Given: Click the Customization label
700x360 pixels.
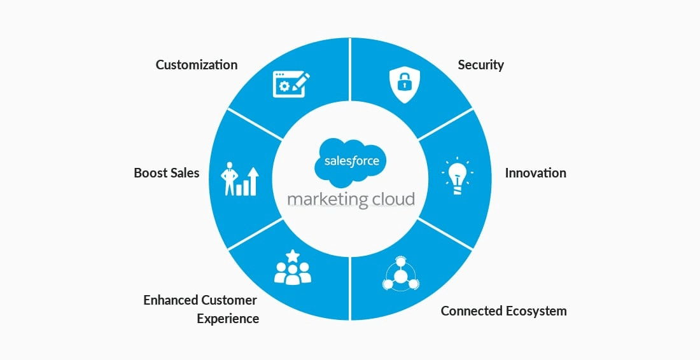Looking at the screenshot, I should pos(196,65).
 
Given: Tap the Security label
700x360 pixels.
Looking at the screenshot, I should pos(480,65).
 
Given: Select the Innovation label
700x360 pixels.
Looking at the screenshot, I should pos(535,173).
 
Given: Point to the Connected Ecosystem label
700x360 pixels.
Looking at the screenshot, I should pos(503,311).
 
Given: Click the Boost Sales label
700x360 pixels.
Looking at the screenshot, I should pos(166,173).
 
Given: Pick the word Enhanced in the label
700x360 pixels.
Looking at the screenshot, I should pos(171,300).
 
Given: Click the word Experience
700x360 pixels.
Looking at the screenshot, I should pos(228,319).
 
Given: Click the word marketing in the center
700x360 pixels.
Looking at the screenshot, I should pos(327,198).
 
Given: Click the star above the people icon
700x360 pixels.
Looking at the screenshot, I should pos(293,256).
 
